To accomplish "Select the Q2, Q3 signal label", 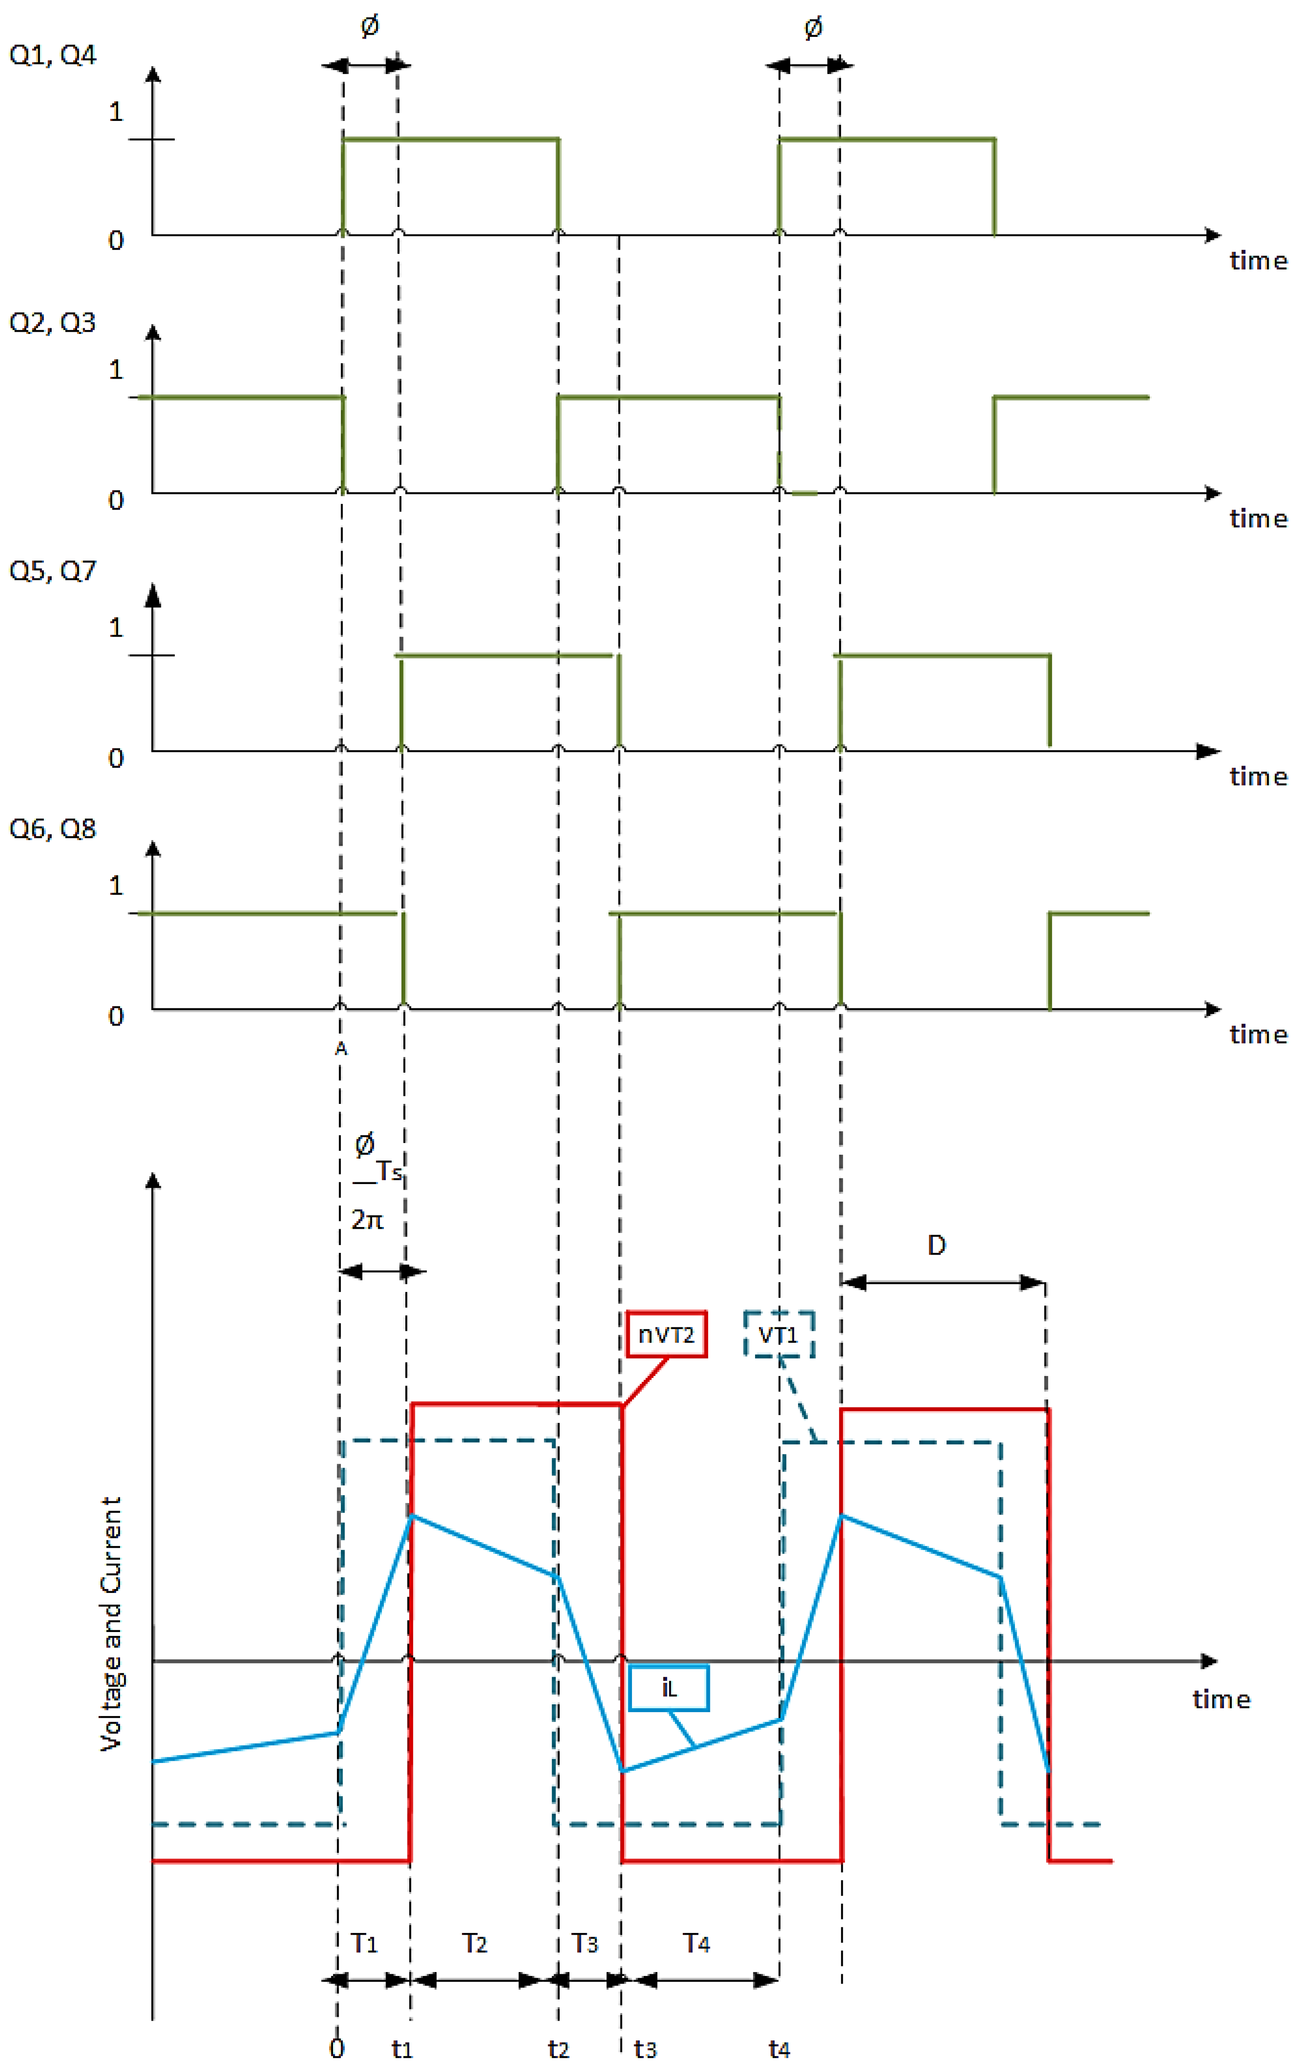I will pos(52,323).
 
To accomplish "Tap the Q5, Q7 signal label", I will pos(52,571).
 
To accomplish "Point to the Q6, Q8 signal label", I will pos(52,829).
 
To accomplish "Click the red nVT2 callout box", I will pos(666,1334).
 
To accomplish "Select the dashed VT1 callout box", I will pos(779,1334).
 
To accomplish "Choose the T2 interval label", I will pos(475,1943).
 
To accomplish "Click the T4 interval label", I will pos(696,1943).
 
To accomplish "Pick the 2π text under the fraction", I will pos(367,1219).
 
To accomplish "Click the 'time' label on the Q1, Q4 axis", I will pos(1258,260).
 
